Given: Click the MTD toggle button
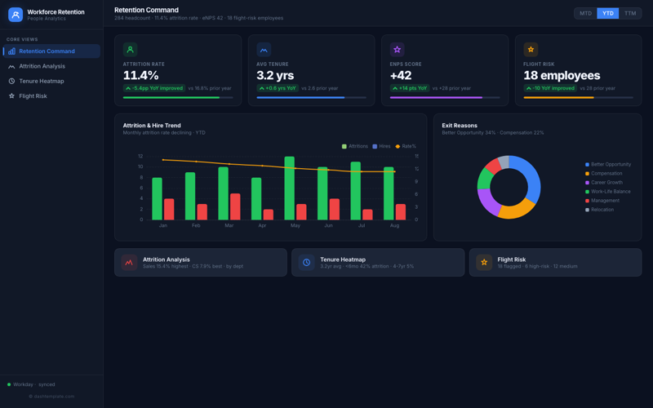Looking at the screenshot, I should point(585,13).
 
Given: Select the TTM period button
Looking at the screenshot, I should point(630,13).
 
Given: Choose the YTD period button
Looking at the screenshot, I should point(607,13).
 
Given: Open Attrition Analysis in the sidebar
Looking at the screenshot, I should point(42,66).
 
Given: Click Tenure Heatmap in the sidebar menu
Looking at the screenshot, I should point(41,81).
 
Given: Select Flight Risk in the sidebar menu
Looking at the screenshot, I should point(33,96).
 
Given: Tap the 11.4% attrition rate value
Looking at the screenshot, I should point(140,76).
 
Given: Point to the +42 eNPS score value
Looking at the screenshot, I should point(401,76).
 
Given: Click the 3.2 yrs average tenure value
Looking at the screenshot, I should point(275,76).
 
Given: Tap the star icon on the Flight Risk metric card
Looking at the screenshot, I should point(531,50).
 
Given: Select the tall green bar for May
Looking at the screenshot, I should point(289,188).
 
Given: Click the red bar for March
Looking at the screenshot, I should point(235,206).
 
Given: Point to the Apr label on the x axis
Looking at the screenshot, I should point(262,225).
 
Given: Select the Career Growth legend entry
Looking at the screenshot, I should point(606,183).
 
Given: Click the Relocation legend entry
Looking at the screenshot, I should point(602,210).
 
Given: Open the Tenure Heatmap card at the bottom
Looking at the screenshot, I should point(378,262).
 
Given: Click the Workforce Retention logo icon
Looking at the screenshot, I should point(16,15).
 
